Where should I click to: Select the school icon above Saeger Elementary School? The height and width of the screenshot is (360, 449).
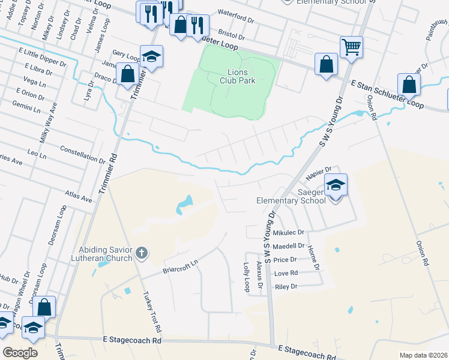(336, 185)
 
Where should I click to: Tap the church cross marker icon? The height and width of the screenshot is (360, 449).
(141, 253)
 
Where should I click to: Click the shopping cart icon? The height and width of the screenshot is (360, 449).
(351, 46)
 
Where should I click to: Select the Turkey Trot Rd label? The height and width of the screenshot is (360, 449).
(152, 313)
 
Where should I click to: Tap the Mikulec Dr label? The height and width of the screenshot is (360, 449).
(289, 232)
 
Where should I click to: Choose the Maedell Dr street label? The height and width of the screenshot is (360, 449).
(289, 246)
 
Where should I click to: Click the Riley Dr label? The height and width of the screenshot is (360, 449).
(286, 287)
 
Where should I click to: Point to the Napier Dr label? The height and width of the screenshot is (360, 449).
(319, 173)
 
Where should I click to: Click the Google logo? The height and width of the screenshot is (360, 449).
(20, 353)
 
